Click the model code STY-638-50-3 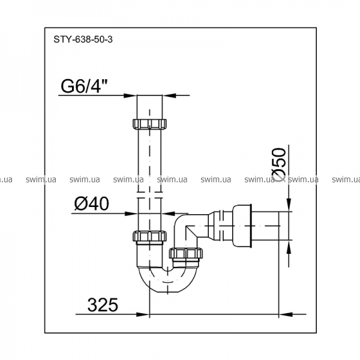click(x=83, y=40)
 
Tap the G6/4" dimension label click(x=84, y=86)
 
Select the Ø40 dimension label click(x=92, y=203)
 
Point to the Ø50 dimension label click(x=279, y=164)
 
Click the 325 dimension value click(x=103, y=305)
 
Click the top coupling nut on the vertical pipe click(x=149, y=124)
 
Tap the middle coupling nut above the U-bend click(x=149, y=236)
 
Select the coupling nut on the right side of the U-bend click(x=186, y=253)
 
